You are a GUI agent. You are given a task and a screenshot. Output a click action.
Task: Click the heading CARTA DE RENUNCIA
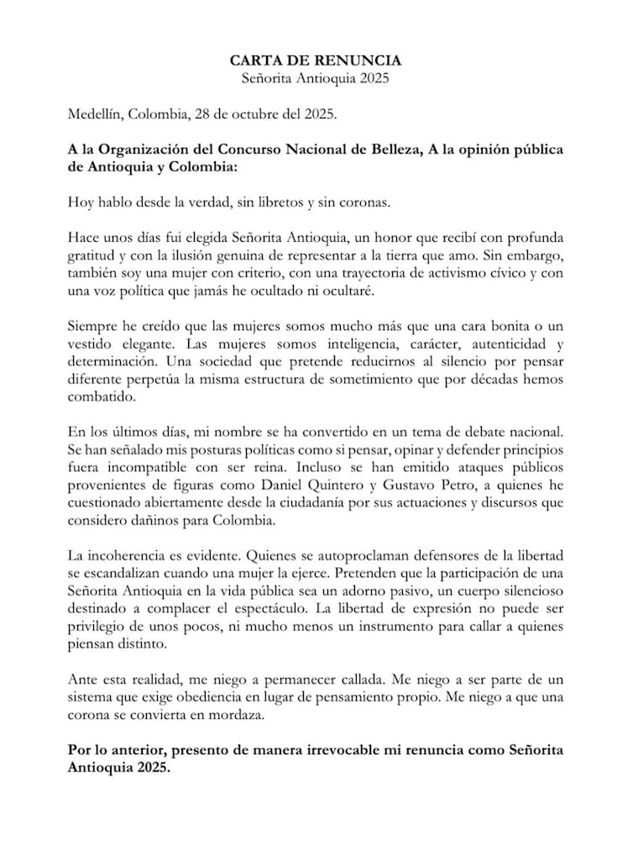[316, 61]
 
